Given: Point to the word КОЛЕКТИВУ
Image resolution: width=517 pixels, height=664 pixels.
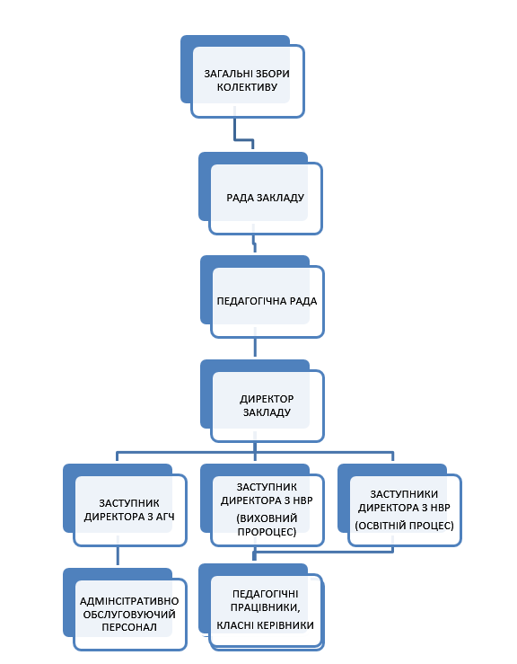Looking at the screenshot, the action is (247, 87).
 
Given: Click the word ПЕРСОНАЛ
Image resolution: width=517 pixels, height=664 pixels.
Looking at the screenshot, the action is (129, 627).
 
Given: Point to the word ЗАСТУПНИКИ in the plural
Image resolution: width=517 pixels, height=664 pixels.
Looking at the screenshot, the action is (404, 494).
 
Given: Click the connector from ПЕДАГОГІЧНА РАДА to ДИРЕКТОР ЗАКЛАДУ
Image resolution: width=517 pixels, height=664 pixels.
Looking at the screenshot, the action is (255, 348).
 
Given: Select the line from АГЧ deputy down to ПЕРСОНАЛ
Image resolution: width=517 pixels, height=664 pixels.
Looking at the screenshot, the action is (118, 555).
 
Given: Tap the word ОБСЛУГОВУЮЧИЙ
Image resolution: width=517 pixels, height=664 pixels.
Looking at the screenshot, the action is (129, 615).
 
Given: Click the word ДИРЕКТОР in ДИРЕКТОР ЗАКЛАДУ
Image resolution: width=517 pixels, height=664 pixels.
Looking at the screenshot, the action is (267, 399).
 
